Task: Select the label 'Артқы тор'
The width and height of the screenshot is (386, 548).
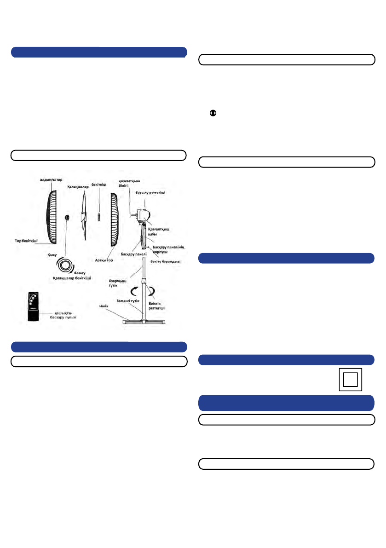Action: [104, 260]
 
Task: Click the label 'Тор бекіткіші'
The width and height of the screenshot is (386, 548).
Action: [27, 240]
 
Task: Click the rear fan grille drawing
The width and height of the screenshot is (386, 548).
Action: [113, 219]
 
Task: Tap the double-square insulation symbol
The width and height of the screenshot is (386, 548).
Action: [350, 379]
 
